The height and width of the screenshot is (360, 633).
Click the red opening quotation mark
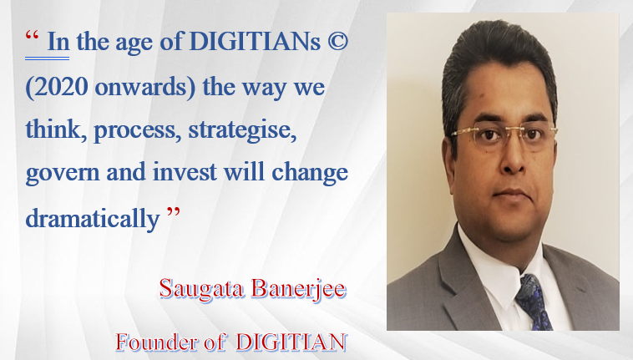33,36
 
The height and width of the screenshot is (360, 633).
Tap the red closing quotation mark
174,212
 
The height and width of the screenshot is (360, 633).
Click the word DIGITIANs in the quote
255,42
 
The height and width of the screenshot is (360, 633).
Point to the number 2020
61,86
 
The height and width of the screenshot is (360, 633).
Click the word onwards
141,87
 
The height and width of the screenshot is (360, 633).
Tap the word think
53,129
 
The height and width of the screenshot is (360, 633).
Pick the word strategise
242,130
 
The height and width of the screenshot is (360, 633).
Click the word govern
63,174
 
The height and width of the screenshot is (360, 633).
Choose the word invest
185,172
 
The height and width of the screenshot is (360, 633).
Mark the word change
310,174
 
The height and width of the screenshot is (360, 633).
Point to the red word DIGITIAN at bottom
291,342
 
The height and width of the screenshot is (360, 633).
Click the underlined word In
58,42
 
